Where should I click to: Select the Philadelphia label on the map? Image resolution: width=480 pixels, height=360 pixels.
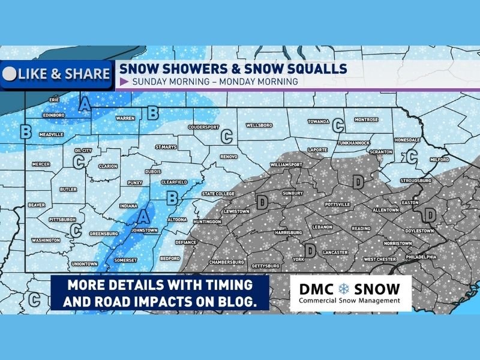(420, 256)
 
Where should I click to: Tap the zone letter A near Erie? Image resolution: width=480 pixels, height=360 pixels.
(85, 104)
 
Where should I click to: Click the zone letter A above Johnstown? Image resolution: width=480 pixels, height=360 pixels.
(143, 215)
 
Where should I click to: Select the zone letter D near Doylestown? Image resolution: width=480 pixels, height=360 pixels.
(430, 214)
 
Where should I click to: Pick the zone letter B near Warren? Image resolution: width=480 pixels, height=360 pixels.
(152, 112)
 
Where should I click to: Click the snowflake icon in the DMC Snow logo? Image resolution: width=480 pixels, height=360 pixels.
(344, 288)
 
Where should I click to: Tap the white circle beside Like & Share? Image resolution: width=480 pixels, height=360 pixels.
(10, 74)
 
